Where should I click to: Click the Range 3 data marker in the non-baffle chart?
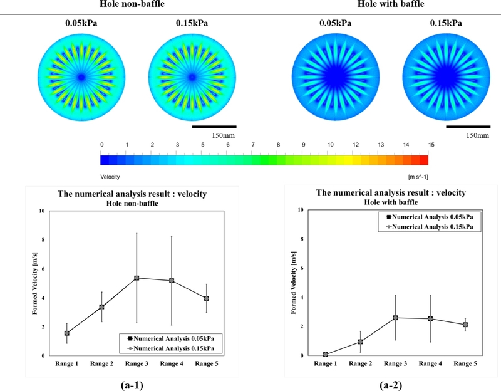(137, 278)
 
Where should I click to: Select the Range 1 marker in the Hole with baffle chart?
(325, 354)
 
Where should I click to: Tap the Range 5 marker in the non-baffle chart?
(207, 298)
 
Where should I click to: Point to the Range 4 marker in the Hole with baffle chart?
(430, 318)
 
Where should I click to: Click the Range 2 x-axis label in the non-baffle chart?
(101, 363)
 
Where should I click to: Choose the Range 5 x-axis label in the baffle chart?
(465, 363)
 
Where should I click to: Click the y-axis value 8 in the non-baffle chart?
(43, 240)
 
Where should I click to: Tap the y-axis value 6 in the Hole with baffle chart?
(301, 268)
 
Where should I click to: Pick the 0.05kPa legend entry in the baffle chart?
(430, 217)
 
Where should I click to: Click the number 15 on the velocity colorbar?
(431, 145)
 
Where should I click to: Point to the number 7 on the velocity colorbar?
(253, 145)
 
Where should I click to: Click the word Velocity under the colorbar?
(110, 177)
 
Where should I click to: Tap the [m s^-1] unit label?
(418, 177)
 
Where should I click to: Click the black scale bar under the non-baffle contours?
(214, 127)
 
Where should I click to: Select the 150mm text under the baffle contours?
(477, 135)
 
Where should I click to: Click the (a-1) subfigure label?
(132, 385)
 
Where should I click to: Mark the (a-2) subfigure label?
(391, 385)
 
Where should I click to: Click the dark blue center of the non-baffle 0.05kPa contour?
(81, 77)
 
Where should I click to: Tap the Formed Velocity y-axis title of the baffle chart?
(293, 283)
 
